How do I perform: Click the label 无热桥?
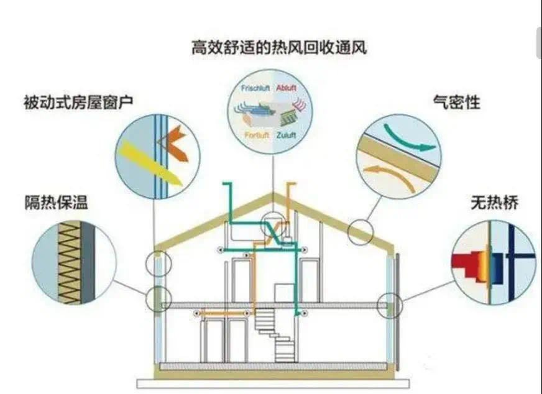coord(495,203)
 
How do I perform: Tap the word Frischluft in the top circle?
coord(254,88)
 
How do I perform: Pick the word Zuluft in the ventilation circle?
coord(286,134)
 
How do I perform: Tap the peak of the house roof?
coord(272,194)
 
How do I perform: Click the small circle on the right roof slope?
coord(361,232)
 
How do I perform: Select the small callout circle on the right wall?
coord(391,305)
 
